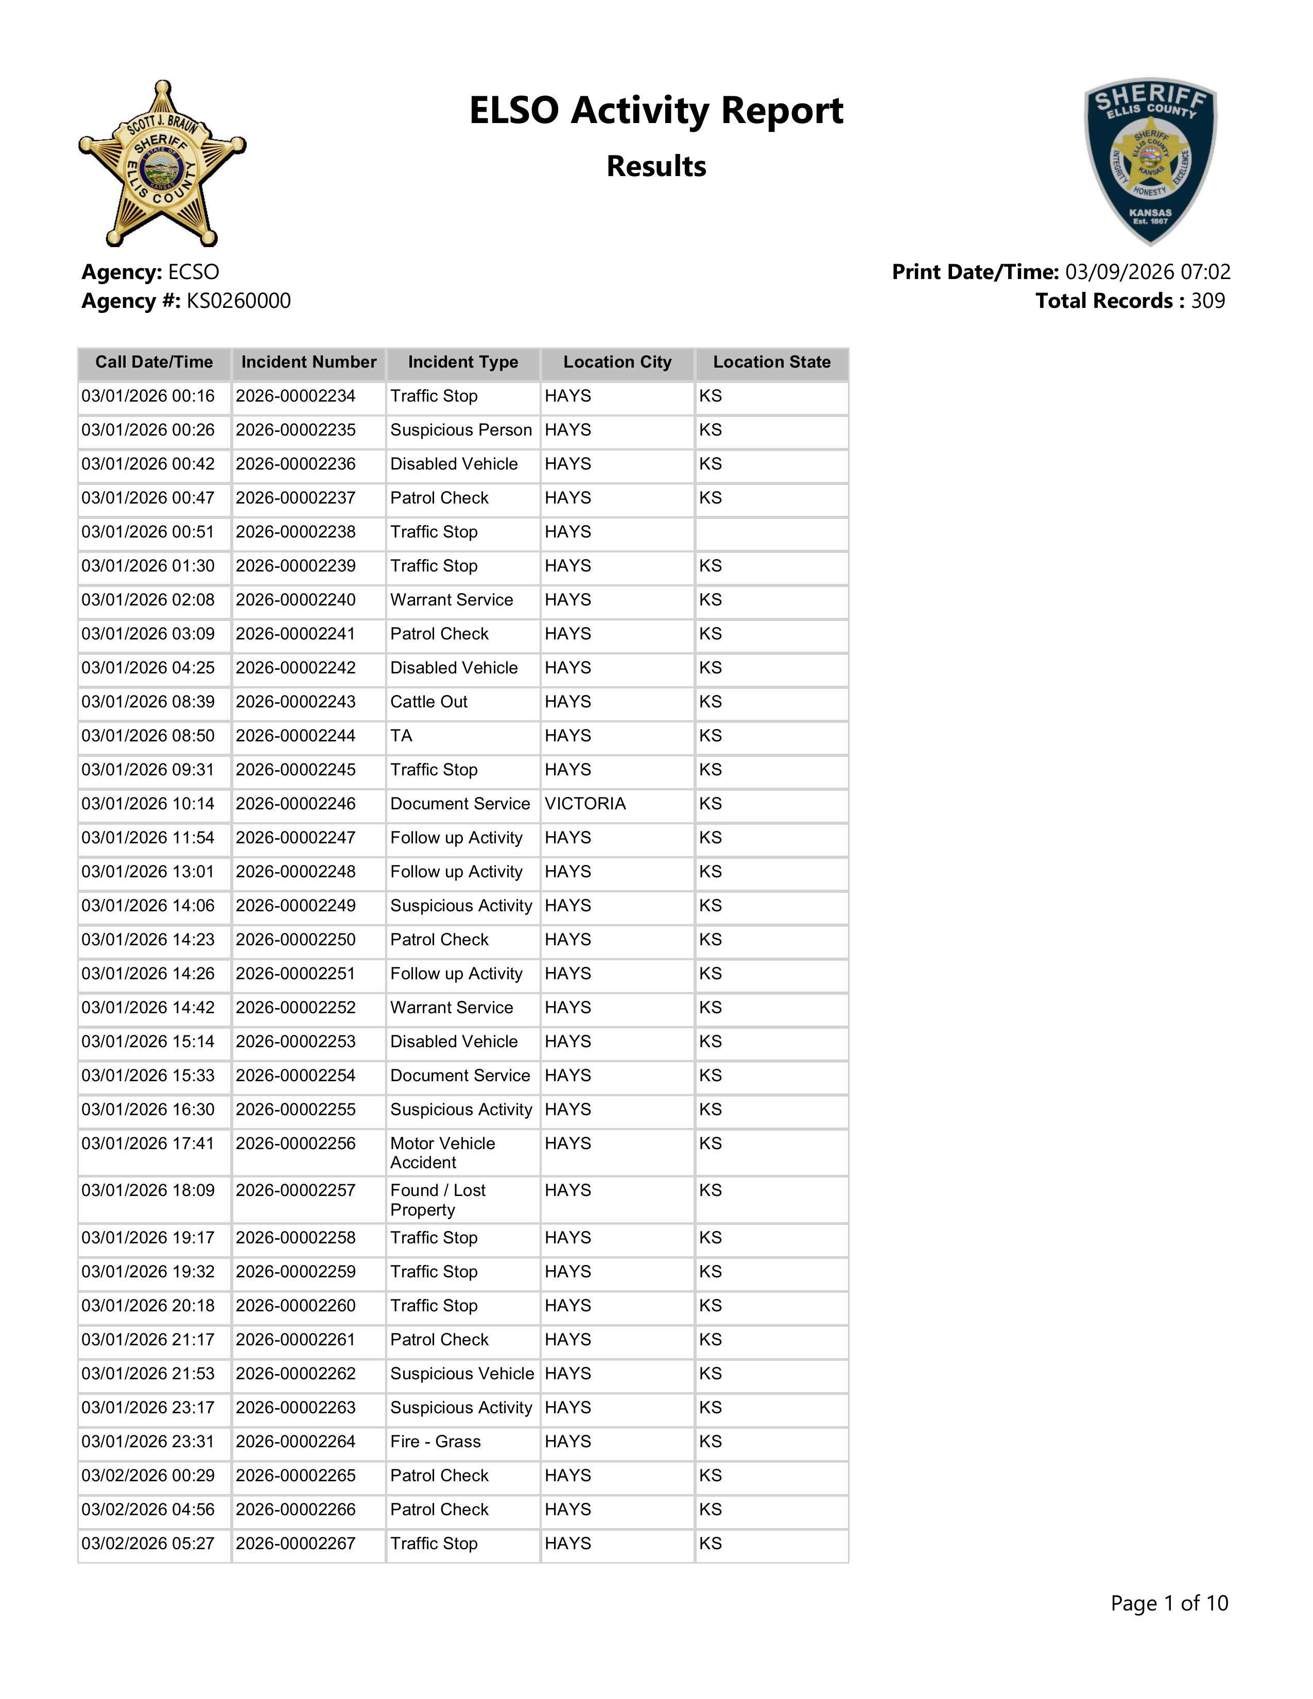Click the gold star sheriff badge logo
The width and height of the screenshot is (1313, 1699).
click(162, 163)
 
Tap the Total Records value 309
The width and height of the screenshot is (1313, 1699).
click(1207, 301)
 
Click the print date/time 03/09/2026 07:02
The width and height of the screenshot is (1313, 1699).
click(1147, 272)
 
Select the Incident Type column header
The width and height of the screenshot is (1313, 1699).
click(463, 362)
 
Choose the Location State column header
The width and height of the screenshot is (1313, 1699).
click(772, 362)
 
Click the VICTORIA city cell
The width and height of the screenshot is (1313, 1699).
click(585, 804)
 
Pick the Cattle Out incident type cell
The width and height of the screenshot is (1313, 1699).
click(428, 702)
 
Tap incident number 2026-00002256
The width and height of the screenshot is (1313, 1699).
click(296, 1143)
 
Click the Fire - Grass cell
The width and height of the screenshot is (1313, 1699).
click(436, 1442)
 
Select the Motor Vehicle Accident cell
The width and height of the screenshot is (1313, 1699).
click(443, 1153)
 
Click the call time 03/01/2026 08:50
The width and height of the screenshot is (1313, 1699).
click(148, 736)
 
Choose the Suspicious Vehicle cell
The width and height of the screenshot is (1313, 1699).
click(462, 1374)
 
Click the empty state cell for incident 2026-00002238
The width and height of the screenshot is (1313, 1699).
click(772, 532)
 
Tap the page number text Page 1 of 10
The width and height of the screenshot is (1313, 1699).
click(1169, 1603)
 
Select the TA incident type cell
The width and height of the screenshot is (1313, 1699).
click(402, 736)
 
